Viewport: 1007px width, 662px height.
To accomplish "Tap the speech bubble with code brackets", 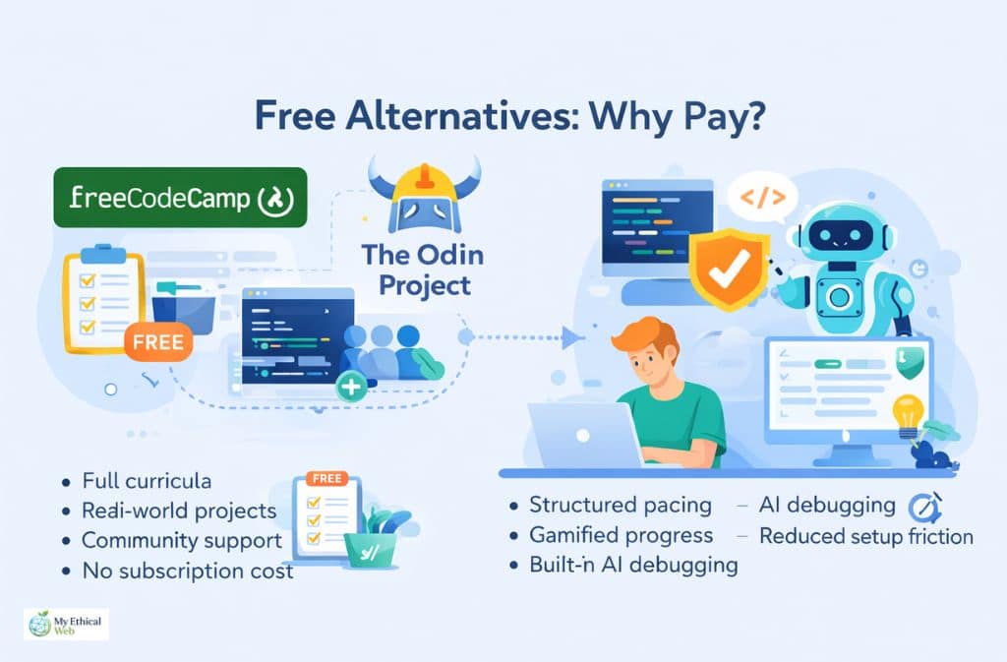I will tap(762, 197).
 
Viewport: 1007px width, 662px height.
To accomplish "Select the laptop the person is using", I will tap(585, 433).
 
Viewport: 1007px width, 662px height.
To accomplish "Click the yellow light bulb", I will tap(907, 410).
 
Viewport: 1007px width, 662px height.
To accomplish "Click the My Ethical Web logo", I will tap(66, 624).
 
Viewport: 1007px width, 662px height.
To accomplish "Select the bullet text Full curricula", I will tap(147, 483).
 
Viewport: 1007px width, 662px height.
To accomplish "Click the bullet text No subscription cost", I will tap(187, 571).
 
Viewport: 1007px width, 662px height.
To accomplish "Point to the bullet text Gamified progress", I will tap(621, 535).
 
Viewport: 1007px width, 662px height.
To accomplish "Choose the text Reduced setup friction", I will tap(865, 536).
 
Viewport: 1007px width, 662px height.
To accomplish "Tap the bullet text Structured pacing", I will tap(620, 505).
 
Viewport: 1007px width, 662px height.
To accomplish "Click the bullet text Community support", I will tap(182, 541).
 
